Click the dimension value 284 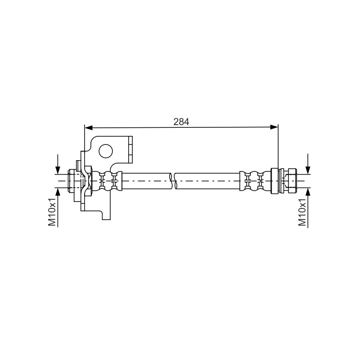click(x=181, y=121)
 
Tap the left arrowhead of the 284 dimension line click(x=89, y=127)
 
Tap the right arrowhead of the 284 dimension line click(x=274, y=127)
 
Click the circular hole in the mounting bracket click(x=106, y=151)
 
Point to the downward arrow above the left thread click(x=58, y=164)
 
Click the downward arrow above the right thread click(x=308, y=164)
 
